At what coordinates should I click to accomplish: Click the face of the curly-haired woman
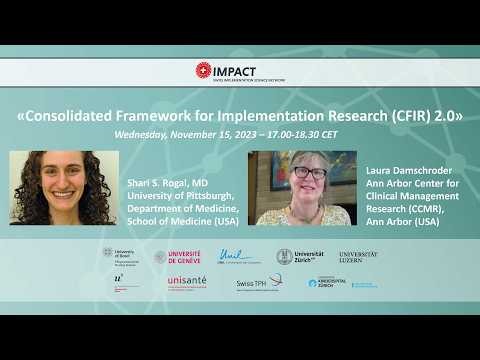point(62,182)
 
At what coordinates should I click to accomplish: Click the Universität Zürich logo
point(300,256)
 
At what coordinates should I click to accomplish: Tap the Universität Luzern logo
point(358,256)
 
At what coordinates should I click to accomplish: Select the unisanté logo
point(187,282)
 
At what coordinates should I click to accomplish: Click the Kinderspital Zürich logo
point(326,283)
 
